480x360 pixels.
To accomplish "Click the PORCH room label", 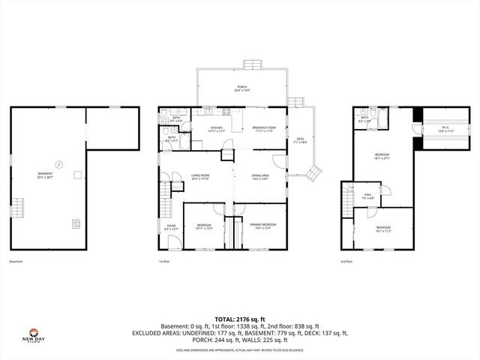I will tap(242, 88).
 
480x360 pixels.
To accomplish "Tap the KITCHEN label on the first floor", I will tap(216, 129).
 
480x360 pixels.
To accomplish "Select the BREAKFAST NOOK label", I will tap(263, 129).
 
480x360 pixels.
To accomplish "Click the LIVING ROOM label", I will tap(199, 176).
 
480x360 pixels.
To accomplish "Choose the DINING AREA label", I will tap(259, 176).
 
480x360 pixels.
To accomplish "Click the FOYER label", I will tap(171, 226).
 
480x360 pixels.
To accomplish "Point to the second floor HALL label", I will tap(368, 197).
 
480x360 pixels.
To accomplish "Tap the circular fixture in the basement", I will tap(58, 163).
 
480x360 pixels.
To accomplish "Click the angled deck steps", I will tap(313, 174).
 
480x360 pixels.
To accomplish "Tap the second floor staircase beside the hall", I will tap(347, 201).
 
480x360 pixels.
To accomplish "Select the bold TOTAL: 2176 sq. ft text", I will tap(239, 319).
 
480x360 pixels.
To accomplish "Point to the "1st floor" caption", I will tap(164, 261).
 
